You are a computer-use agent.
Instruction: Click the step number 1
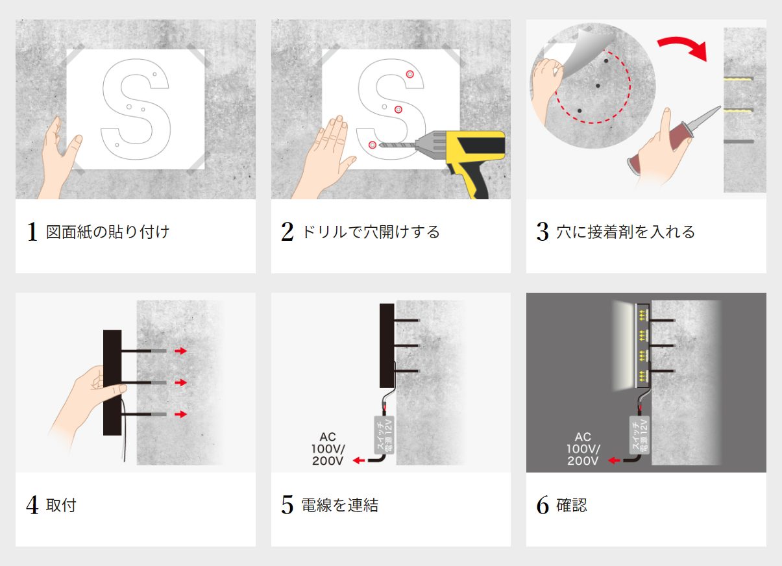(32, 232)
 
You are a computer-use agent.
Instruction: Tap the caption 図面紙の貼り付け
(108, 232)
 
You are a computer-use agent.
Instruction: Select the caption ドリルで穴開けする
(370, 232)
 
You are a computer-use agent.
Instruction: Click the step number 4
(32, 506)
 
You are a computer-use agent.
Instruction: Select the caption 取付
(61, 506)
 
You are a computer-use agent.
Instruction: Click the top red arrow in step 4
(181, 351)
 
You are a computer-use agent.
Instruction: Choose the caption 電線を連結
(339, 506)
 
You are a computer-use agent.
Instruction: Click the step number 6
(543, 506)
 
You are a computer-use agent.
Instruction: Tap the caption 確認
(572, 506)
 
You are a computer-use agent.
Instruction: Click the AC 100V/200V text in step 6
(583, 449)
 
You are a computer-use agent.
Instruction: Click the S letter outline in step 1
(136, 107)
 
